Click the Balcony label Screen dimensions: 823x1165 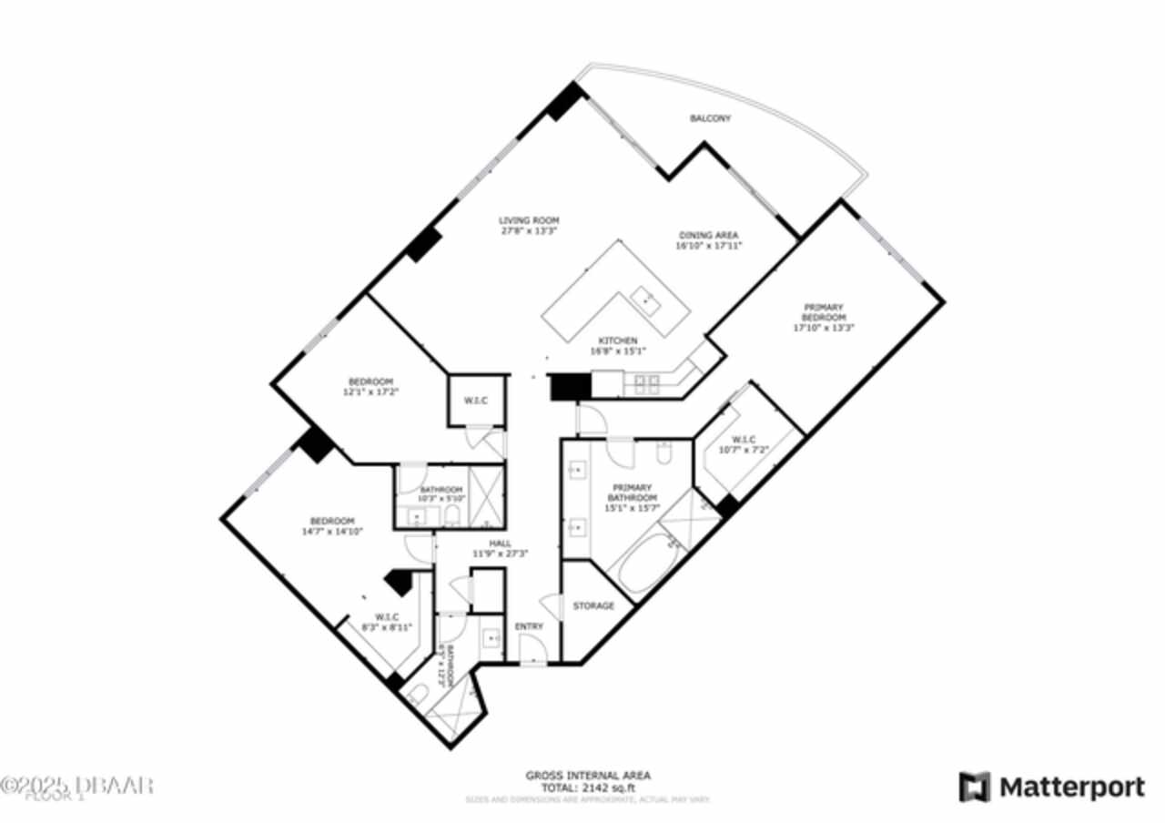tap(710, 118)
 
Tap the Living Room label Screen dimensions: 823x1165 tap(528, 220)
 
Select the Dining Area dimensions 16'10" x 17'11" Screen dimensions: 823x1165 tap(707, 245)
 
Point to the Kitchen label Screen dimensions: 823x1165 tap(618, 341)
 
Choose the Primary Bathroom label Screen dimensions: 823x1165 tap(633, 493)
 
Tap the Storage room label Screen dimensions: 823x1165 tap(593, 605)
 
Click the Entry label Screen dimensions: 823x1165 tap(529, 626)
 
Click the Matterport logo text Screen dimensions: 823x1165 tap(1072, 786)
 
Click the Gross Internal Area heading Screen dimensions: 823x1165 tap(588, 776)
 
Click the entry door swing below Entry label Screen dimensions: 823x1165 tap(532, 649)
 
